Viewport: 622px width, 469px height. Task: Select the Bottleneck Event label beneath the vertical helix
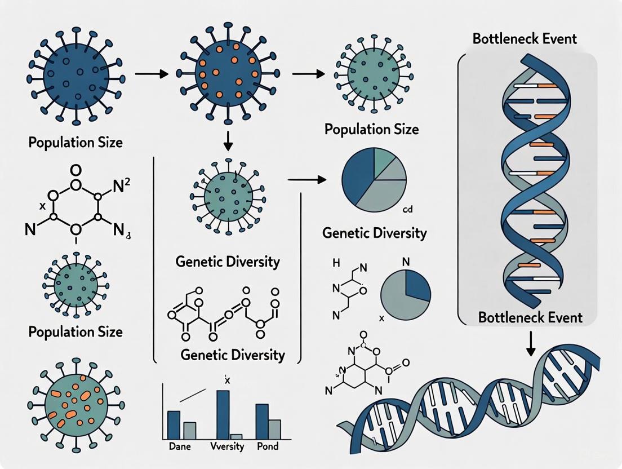point(530,317)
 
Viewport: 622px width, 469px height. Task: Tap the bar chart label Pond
point(266,446)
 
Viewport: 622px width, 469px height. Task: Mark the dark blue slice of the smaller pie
point(417,284)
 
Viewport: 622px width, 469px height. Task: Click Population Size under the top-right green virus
point(371,129)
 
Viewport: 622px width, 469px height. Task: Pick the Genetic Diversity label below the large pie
point(375,233)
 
